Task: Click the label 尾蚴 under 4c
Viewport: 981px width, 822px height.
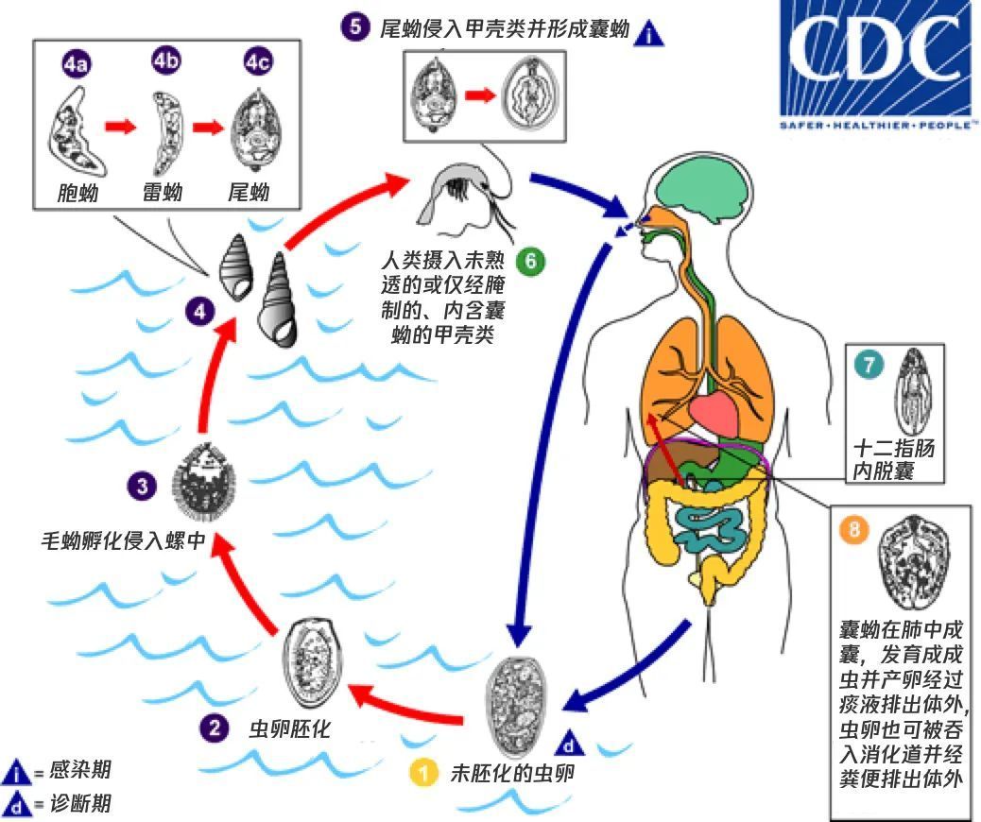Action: point(249,194)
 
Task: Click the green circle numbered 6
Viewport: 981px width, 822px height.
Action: point(531,261)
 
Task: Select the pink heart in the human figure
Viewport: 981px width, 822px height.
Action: point(718,412)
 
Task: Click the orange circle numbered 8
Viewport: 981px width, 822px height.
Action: point(855,530)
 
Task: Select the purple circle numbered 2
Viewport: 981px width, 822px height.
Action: point(213,728)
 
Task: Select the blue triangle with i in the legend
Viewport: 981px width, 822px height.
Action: point(17,772)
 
